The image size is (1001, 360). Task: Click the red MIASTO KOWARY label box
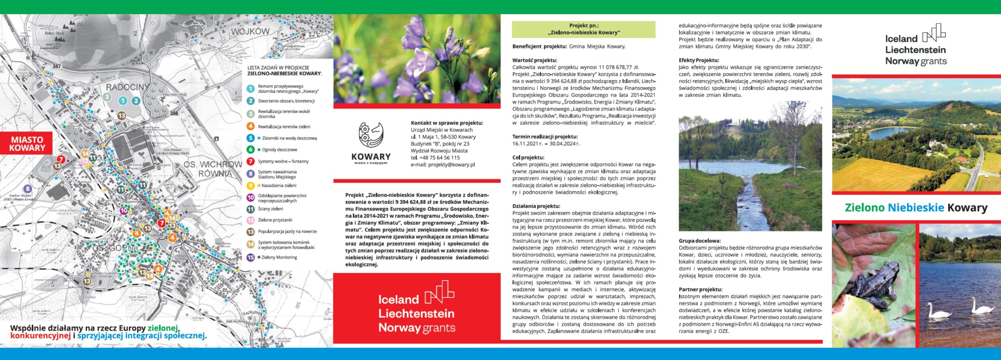27,144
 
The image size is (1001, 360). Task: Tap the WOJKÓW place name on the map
250,32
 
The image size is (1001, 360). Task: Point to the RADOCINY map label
127,87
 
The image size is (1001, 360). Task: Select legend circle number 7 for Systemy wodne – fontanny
251,161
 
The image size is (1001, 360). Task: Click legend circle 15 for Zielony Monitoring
251,258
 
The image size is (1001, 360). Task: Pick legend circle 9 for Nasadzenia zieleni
251,186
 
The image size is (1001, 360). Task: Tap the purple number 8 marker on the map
27,189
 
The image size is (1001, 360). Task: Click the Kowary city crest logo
371,135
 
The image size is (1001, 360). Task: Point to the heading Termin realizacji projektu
545,137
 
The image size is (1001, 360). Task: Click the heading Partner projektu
700,290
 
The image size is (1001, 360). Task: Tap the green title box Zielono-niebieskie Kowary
583,29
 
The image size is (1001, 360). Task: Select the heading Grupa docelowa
700,241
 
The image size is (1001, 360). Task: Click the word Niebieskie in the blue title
916,208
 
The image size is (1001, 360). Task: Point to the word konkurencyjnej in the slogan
40,336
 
